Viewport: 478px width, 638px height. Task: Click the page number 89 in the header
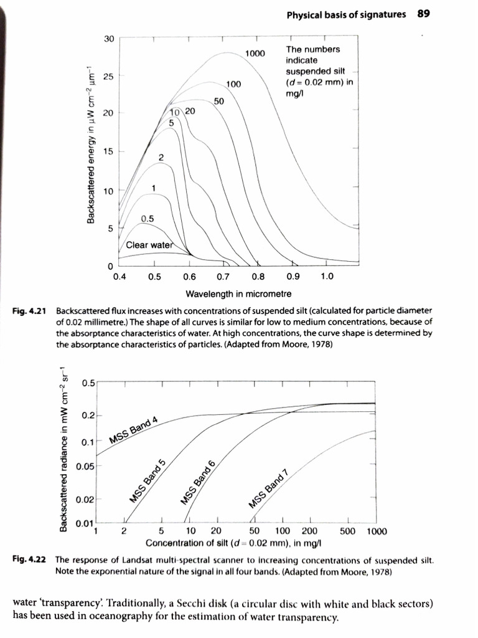(x=424, y=14)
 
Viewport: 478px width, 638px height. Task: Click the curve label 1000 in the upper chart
(x=255, y=54)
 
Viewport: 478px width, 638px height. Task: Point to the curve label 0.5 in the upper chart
(x=148, y=218)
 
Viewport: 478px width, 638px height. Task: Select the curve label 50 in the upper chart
(x=218, y=101)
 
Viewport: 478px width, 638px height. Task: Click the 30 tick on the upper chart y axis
(x=109, y=39)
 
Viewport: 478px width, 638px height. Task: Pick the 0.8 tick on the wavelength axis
(x=258, y=277)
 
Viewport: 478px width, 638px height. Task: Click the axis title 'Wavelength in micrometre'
(x=238, y=293)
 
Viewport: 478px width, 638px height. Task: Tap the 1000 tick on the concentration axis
(x=376, y=531)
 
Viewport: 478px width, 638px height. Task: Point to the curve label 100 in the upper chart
(x=233, y=83)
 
